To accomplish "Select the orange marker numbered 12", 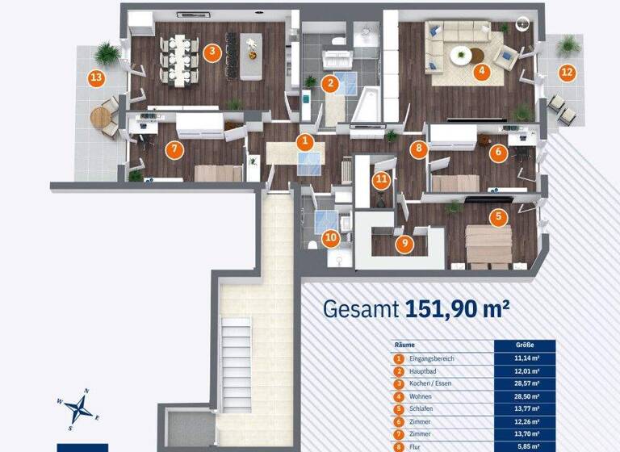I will pos(567,72).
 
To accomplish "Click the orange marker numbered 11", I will pos(381,180).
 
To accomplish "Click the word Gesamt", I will pos(360,308).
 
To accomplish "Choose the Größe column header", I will pos(524,345).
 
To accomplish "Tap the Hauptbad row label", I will pos(426,372).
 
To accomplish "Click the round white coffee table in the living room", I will pos(460,56).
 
